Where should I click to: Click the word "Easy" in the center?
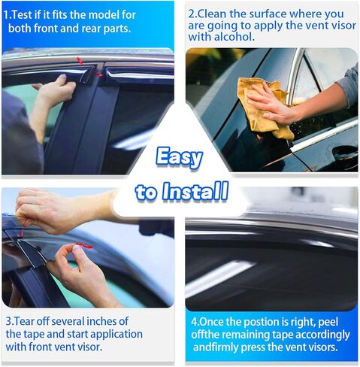pos(180,158)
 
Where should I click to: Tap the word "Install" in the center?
pos(192,191)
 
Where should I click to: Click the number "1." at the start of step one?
pos(8,14)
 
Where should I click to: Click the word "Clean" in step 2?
pos(214,14)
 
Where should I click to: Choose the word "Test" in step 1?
pos(27,14)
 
